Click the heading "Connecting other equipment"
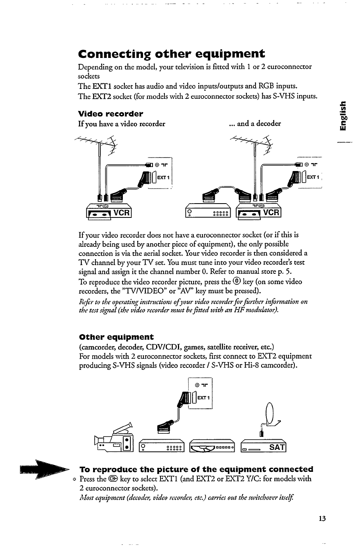(171, 54)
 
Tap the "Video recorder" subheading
(110, 114)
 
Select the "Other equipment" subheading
(116, 337)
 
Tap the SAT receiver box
(263, 447)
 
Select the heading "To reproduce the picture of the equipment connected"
(196, 469)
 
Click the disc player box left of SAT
(213, 448)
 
